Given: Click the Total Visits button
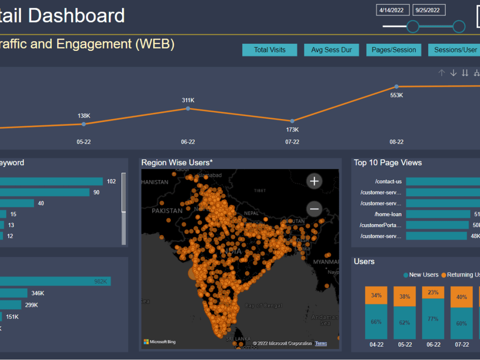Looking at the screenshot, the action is pyautogui.click(x=270, y=50).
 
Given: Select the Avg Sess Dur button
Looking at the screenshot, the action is pyautogui.click(x=331, y=50).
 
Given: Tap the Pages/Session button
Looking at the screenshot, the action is pyautogui.click(x=394, y=50).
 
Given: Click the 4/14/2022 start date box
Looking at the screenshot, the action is pyautogui.click(x=393, y=10).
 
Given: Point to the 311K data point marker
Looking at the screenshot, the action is pyautogui.click(x=188, y=108).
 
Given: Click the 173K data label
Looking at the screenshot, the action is pyautogui.click(x=292, y=130).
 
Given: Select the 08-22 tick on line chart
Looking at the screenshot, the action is pyautogui.click(x=396, y=142).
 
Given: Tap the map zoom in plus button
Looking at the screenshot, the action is pyautogui.click(x=314, y=181).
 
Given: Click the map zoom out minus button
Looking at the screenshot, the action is pyautogui.click(x=314, y=209).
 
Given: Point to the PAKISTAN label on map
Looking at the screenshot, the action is pyautogui.click(x=168, y=211).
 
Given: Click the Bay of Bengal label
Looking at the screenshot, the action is pyautogui.click(x=263, y=306).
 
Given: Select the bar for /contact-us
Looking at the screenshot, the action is pyautogui.click(x=442, y=181).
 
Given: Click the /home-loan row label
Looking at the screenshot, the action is pyautogui.click(x=388, y=214).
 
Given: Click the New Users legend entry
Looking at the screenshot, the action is pyautogui.click(x=421, y=275).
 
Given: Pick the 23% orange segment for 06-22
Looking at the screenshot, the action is pyautogui.click(x=433, y=293).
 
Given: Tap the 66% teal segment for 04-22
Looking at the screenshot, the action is pyautogui.click(x=376, y=322).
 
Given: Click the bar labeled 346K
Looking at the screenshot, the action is pyautogui.click(x=13, y=293).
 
